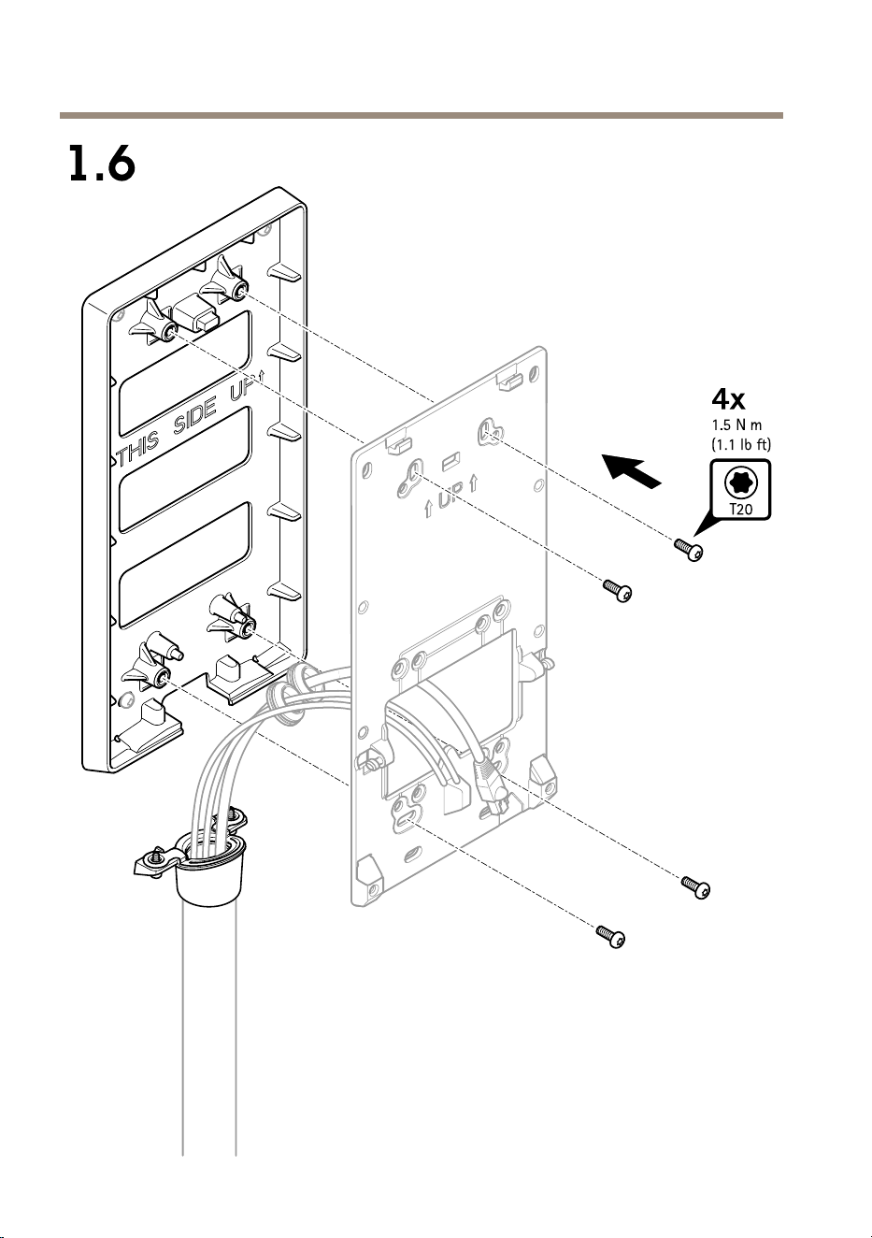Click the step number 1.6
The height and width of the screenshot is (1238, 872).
coord(102,164)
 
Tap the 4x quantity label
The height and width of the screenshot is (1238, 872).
coord(728,398)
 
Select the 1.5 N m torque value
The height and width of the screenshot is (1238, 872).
coord(736,425)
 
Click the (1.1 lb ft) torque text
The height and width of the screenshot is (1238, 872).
coord(740,444)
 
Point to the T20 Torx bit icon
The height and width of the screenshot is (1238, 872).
coord(740,490)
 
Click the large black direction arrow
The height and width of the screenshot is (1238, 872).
coord(631,469)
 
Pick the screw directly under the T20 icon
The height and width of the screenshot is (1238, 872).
coord(689,550)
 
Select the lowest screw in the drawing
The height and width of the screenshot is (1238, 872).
coord(611,936)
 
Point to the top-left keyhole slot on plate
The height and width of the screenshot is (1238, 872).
coord(410,479)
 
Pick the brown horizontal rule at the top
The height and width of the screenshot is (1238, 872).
coord(422,116)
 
